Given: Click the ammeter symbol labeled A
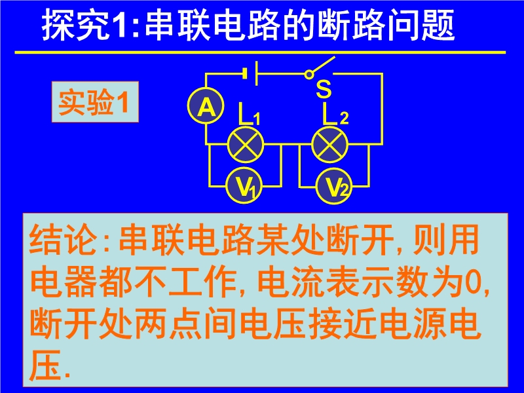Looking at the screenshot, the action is pos(206,107).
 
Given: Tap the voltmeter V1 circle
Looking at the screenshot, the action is pos(244,185).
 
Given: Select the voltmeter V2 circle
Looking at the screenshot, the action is pos(334,186).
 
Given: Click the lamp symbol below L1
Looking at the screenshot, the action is pos(246,145).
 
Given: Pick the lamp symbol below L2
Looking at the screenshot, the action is pos(330,145).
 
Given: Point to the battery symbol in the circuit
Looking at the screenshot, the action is pos(250,73).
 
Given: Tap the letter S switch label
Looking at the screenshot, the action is pos(324,89).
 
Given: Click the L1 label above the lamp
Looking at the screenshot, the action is pos(249,114).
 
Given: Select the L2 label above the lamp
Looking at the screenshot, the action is pos(336,113).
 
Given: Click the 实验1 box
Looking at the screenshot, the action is pos(95,102).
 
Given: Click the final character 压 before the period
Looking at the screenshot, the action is pos(46,365).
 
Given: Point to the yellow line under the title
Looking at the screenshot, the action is pos(260,52).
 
